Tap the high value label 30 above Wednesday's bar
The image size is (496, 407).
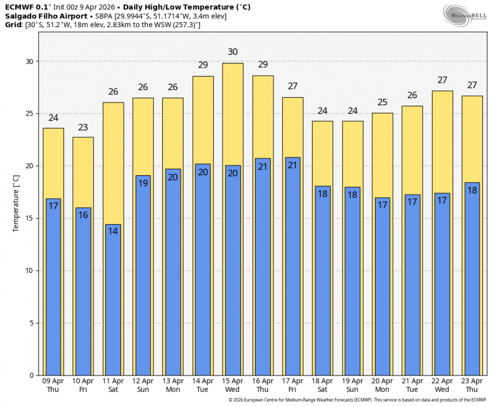click(233, 52)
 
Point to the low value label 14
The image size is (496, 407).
click(113, 231)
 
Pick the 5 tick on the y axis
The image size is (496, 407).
click(30, 323)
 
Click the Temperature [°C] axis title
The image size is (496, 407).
click(16, 203)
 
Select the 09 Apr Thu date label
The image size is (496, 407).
click(53, 385)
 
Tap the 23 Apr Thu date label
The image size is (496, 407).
click(472, 385)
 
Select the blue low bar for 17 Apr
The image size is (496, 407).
click(292, 271)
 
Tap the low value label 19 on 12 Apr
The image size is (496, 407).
click(143, 183)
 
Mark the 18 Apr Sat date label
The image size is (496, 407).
click(322, 385)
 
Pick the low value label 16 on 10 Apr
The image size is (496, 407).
click(83, 215)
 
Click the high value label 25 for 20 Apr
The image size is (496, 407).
click(382, 103)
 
